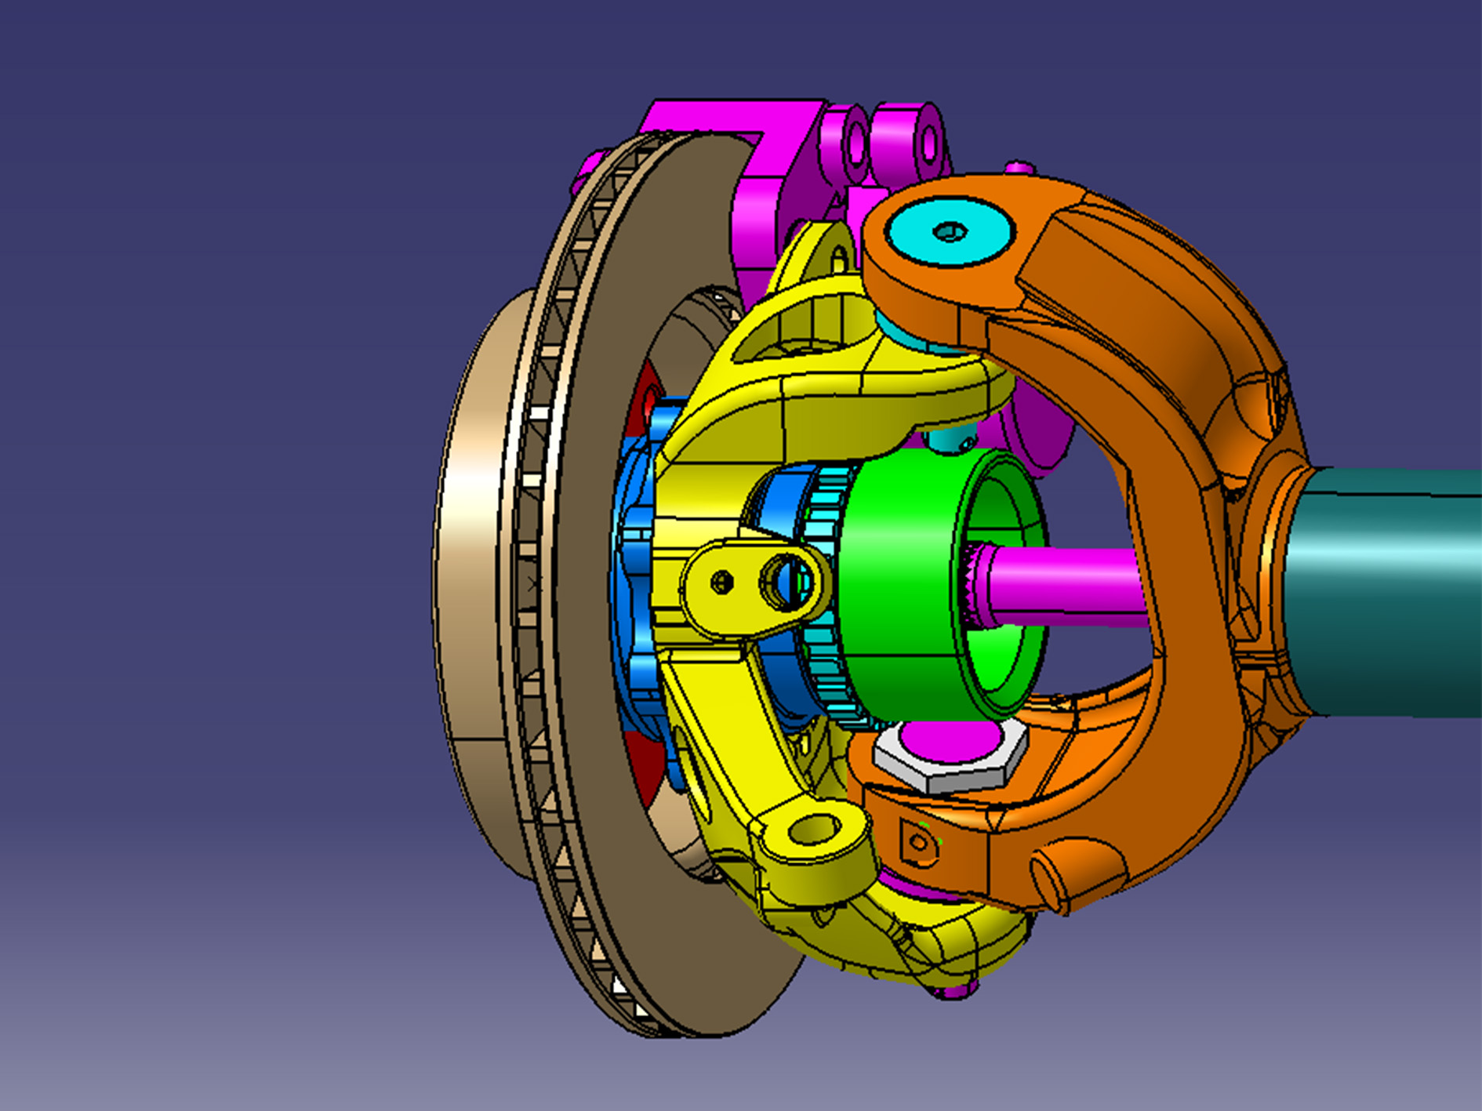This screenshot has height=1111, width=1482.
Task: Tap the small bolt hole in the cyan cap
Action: pyautogui.click(x=951, y=231)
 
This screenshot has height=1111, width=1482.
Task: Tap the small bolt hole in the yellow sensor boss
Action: pyautogui.click(x=722, y=583)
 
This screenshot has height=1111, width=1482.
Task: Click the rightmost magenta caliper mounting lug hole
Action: pyautogui.click(x=928, y=143)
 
